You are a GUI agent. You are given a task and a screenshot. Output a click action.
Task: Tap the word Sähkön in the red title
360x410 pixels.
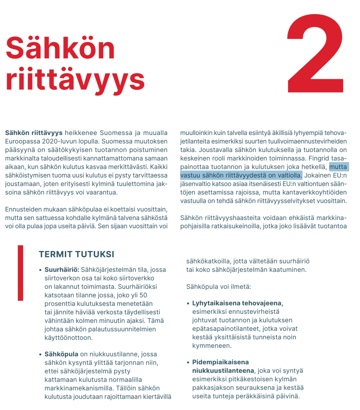pos(60,48)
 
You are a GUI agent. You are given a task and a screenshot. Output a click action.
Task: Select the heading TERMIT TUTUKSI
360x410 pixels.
pos(76,254)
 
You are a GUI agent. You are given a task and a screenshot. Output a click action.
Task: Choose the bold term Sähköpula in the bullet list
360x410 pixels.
pos(61,354)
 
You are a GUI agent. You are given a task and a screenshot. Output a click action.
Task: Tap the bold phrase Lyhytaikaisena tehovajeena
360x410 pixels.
pos(237,303)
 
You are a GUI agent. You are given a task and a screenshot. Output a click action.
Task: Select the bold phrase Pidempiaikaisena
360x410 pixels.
pos(220,362)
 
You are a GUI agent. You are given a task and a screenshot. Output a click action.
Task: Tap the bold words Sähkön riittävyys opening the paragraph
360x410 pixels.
pos(34,133)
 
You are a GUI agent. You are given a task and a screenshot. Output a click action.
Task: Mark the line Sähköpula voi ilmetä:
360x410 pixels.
pos(218,286)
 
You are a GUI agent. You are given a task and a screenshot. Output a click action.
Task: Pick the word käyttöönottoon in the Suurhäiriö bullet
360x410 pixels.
pos(68,338)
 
